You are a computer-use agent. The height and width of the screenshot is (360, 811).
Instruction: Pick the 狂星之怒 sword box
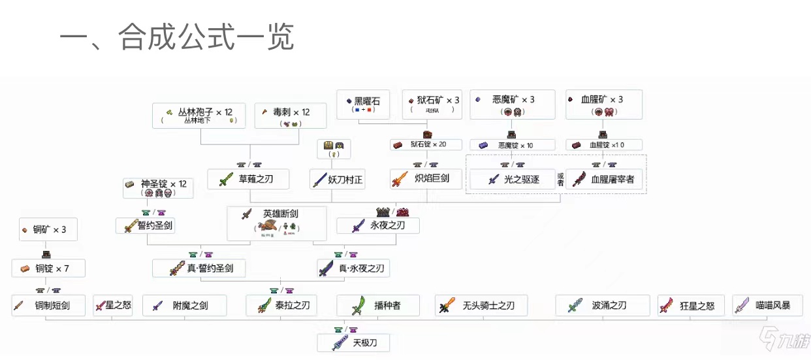coord(690,305)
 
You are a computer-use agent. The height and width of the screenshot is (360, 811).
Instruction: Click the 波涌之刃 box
coord(602,305)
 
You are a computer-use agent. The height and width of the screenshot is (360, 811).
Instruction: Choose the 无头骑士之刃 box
coord(481,305)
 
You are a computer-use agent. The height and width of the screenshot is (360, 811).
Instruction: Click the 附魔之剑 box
coord(184,305)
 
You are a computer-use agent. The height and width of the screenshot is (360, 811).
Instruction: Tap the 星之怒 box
coord(112,305)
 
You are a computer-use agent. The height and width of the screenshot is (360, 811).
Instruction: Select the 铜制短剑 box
coord(48,305)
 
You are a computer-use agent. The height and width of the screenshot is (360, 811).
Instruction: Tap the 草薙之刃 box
coord(248,180)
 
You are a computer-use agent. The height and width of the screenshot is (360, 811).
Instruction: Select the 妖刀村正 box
coord(337,180)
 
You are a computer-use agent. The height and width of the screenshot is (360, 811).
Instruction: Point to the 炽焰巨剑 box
coord(426,180)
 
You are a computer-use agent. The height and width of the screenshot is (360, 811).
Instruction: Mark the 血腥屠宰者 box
coord(605,180)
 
